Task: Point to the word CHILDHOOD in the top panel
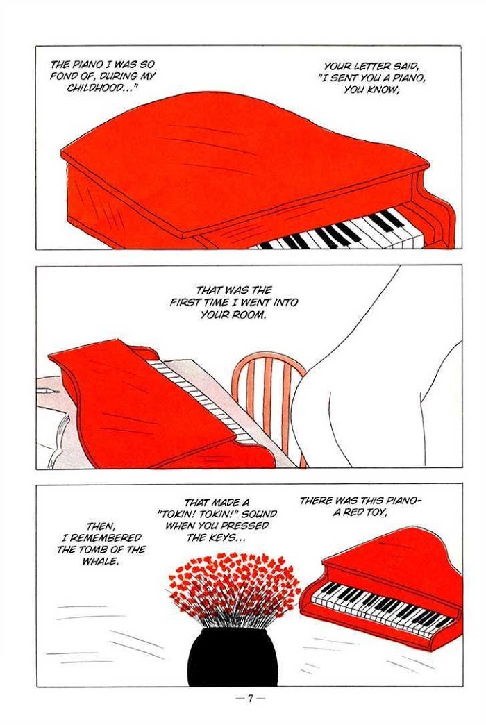(x=98, y=88)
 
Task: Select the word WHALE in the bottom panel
(x=100, y=561)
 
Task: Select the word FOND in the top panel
(x=62, y=76)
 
